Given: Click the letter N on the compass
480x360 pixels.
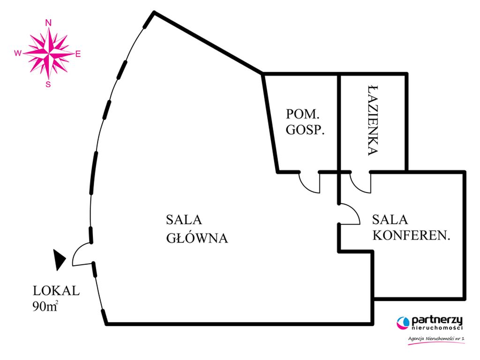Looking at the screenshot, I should tap(48, 22).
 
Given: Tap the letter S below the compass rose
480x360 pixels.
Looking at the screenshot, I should tap(48, 84).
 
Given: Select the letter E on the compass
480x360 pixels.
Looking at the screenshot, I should tap(78, 54).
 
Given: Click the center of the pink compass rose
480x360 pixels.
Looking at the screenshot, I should tap(48, 53).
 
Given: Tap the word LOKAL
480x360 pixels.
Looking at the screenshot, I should tap(56, 290).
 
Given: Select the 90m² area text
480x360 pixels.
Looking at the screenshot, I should tap(45, 307).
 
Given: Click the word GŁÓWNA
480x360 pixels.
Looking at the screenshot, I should tap(197, 238).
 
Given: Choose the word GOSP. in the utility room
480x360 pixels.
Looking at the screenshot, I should tap(305, 131).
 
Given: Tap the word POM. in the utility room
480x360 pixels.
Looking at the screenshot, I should tap(302, 114).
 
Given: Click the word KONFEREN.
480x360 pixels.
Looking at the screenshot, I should tap(411, 236).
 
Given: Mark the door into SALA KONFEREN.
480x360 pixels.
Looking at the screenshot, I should tap(349, 214).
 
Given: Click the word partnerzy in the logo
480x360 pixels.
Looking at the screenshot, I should tap(436, 320).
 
